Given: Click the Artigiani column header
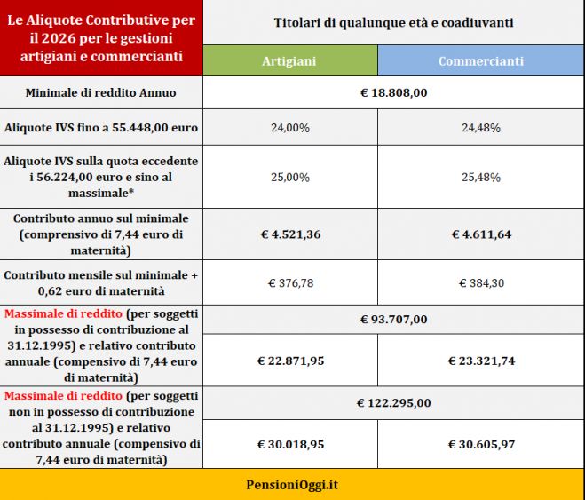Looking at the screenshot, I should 289,61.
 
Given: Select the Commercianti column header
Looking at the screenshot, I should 481,61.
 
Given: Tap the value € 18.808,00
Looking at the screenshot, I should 393,92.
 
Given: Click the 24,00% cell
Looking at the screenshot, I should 289,128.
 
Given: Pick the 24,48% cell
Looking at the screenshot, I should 481,128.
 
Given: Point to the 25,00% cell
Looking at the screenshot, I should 289,178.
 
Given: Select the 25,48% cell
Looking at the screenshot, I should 481,178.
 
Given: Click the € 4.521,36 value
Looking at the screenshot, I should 289,234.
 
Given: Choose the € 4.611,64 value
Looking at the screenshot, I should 481,234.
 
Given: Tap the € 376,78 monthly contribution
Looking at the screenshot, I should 289,283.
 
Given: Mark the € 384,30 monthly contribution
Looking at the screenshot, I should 481,283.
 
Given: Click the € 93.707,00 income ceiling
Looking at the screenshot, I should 393,320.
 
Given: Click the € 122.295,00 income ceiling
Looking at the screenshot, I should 393,403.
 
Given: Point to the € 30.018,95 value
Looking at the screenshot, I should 289,444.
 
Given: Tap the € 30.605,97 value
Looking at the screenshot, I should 481,444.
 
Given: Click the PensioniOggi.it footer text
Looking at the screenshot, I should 292,485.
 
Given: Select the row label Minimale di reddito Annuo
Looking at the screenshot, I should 100,92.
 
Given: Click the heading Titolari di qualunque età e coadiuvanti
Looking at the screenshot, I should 393,21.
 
